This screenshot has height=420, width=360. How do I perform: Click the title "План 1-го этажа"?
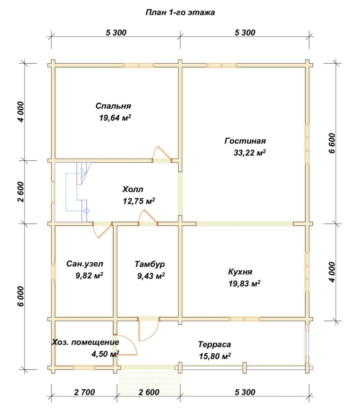pos(180,13)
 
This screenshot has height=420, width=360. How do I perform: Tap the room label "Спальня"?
pos(113,106)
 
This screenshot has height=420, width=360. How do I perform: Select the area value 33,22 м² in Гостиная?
pos(250,153)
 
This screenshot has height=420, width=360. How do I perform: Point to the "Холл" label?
pos(133,189)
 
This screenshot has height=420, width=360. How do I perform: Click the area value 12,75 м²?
pos(139,201)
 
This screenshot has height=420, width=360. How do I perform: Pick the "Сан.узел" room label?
pos(85,264)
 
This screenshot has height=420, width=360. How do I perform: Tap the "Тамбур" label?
pos(150,264)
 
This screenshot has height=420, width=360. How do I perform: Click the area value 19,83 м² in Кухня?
pos(244,283)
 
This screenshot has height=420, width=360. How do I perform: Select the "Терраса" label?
pos(214,344)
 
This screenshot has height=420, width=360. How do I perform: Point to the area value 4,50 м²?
pos(105,354)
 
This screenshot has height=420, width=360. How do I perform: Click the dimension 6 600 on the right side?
pos(332,143)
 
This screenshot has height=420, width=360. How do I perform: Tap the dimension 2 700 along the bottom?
pos(84,392)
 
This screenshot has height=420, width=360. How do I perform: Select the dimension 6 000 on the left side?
pos(21,296)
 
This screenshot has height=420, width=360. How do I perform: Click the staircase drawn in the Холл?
pos(79,192)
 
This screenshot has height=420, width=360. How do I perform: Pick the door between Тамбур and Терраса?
pos(149,330)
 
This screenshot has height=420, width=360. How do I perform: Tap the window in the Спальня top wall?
pos(139,65)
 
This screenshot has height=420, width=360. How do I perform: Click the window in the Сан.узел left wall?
pos(53,272)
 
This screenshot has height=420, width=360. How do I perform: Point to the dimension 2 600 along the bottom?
pos(149,392)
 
